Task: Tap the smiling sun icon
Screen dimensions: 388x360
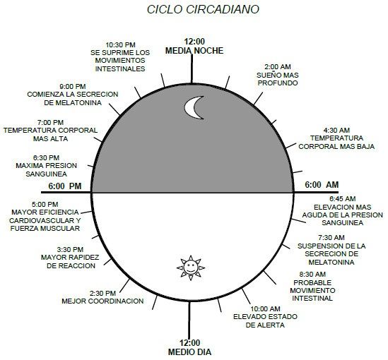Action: pyautogui.click(x=191, y=268)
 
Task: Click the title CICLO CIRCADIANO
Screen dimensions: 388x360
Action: pyautogui.click(x=203, y=9)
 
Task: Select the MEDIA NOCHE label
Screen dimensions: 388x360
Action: pyautogui.click(x=194, y=51)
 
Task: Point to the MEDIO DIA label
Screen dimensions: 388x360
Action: pyautogui.click(x=189, y=352)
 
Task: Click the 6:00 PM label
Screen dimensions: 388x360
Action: pyautogui.click(x=65, y=186)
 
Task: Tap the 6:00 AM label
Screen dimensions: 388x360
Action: pyautogui.click(x=322, y=184)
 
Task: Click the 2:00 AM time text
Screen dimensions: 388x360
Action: pyautogui.click(x=278, y=67)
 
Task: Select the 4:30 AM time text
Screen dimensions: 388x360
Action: pyautogui.click(x=336, y=130)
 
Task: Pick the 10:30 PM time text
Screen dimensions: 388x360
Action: pyautogui.click(x=121, y=45)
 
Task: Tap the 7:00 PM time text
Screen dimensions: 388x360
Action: pyautogui.click(x=50, y=122)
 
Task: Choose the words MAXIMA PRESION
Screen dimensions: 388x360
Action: pyautogui.click(x=46, y=166)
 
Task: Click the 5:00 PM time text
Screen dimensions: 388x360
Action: pyautogui.click(x=45, y=204)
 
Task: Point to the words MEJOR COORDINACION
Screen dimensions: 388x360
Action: pyautogui.click(x=102, y=301)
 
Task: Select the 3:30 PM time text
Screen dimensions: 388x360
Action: pyautogui.click(x=70, y=250)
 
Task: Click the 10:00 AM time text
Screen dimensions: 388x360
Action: pyautogui.click(x=266, y=309)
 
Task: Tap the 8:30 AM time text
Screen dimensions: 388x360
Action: pyautogui.click(x=312, y=275)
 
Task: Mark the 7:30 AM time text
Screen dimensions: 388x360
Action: pyautogui.click(x=331, y=238)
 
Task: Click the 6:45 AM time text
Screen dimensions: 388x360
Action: pyautogui.click(x=343, y=199)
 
